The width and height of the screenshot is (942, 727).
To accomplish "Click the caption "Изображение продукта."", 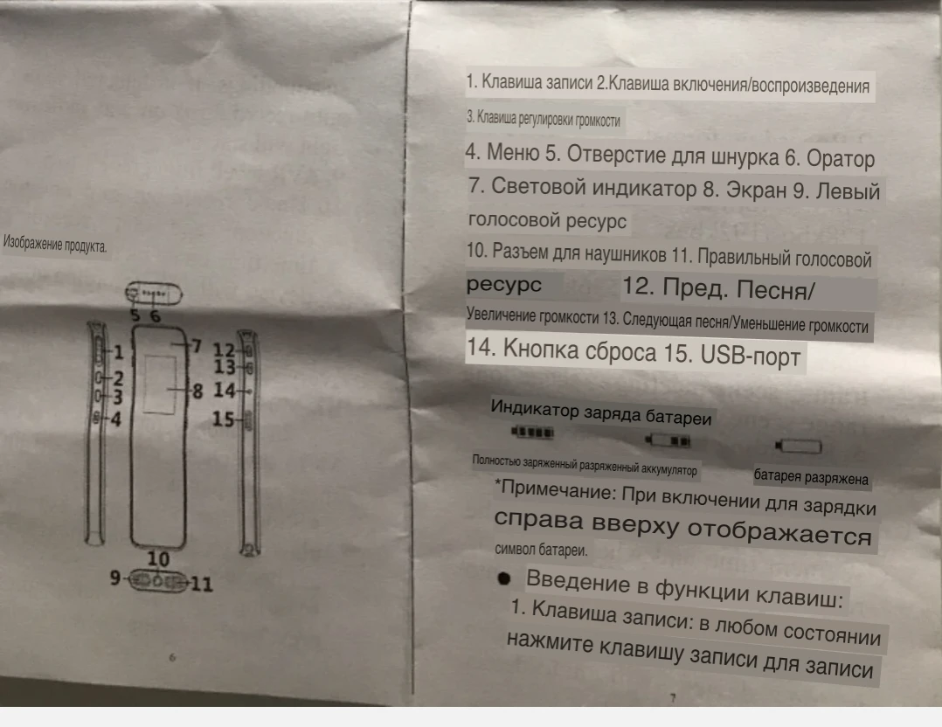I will pos(55,245).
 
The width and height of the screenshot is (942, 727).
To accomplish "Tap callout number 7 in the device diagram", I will pos(197,345).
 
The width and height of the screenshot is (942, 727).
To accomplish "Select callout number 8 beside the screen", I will pos(197,391).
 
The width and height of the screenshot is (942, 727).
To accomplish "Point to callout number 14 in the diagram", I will pos(225,391).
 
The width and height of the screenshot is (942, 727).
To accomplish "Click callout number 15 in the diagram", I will pos(225,420).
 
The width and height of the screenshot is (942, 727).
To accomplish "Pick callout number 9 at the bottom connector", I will pos(115,578).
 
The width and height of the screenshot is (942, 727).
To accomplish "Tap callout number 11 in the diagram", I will pos(201,584).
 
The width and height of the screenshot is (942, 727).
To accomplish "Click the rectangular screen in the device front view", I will pos(159,384).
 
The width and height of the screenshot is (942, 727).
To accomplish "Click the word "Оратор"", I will pos(840,160).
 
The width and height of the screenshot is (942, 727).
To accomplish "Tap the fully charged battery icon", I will pos(532,432).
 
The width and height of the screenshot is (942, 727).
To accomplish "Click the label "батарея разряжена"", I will pos(812,478).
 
